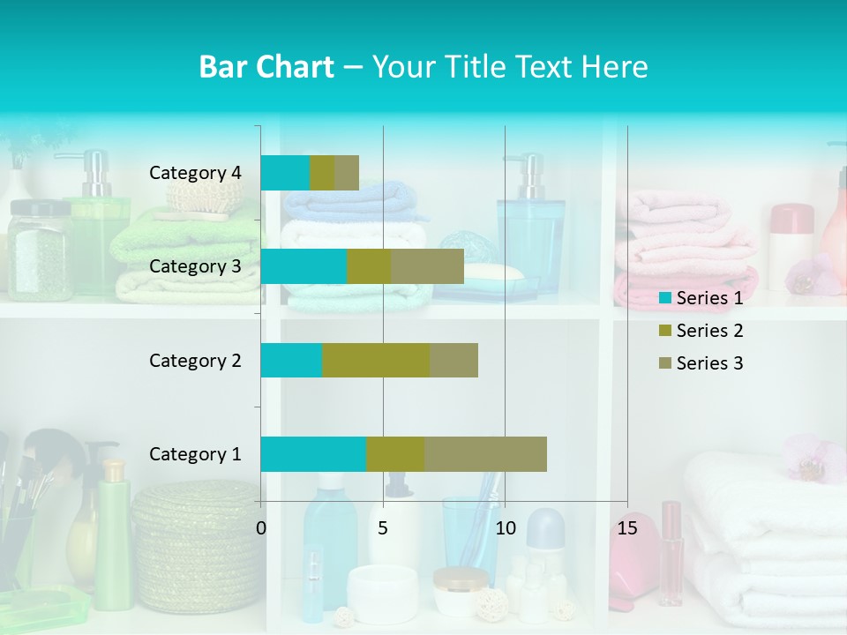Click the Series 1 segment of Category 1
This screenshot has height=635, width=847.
tap(313, 454)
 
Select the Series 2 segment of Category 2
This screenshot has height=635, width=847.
tap(376, 360)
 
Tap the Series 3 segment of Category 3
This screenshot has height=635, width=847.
tap(427, 266)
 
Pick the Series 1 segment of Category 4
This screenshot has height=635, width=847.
tap(285, 173)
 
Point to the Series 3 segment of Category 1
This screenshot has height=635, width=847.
tap(485, 454)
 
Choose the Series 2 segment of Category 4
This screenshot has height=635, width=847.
tap(322, 173)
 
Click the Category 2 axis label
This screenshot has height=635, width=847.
tap(195, 360)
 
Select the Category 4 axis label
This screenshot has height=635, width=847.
tap(195, 173)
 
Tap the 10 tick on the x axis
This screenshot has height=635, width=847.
tap(505, 528)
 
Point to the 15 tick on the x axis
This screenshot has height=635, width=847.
tap(627, 528)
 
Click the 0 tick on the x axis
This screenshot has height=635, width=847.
tap(261, 528)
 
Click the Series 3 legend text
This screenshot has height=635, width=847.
tap(709, 363)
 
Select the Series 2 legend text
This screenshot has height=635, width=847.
tap(709, 331)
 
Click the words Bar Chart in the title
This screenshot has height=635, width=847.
tap(266, 67)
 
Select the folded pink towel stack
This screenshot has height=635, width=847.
tap(684, 251)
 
